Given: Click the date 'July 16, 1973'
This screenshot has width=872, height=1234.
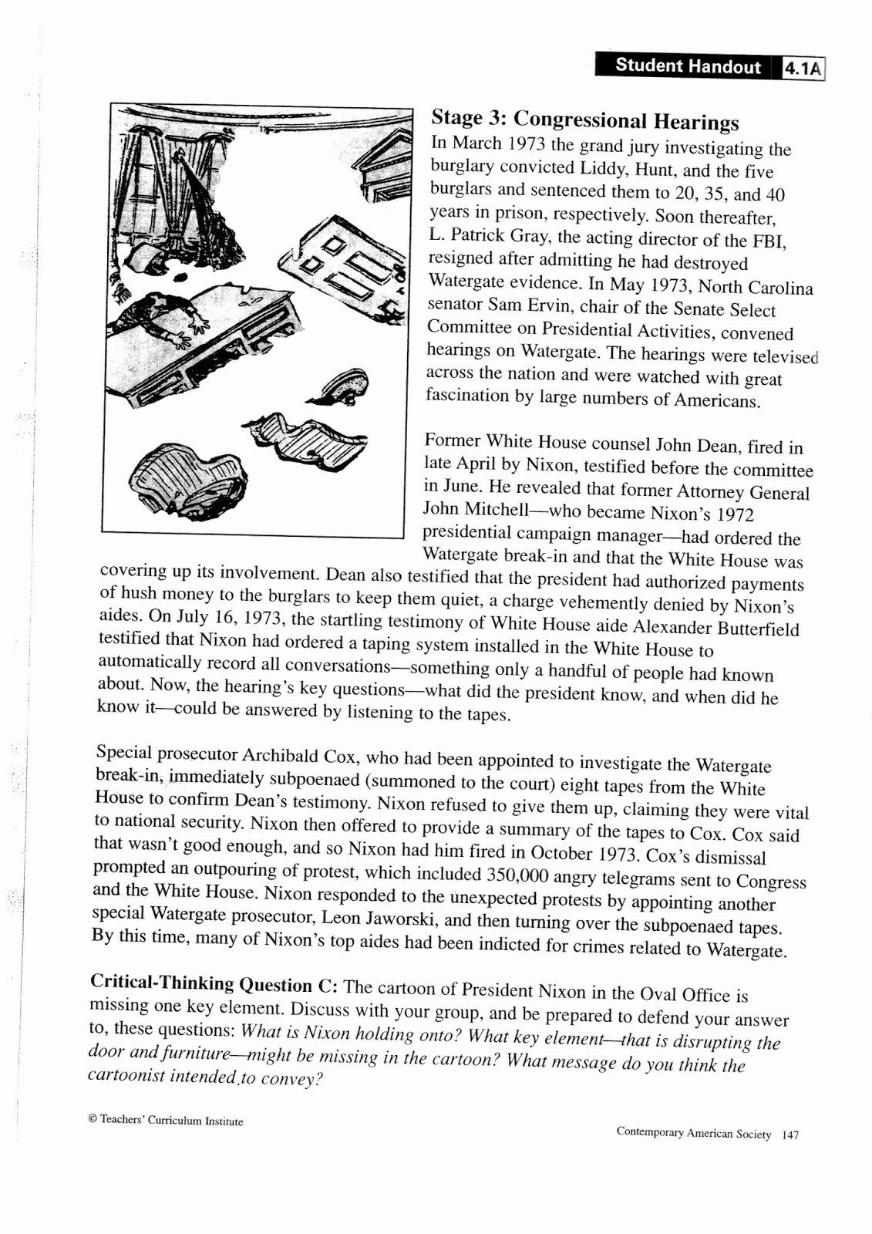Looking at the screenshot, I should [231, 618].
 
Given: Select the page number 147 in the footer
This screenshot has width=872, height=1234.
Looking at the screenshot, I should [790, 1135].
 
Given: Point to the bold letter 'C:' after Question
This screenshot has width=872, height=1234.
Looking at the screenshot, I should [327, 986].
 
